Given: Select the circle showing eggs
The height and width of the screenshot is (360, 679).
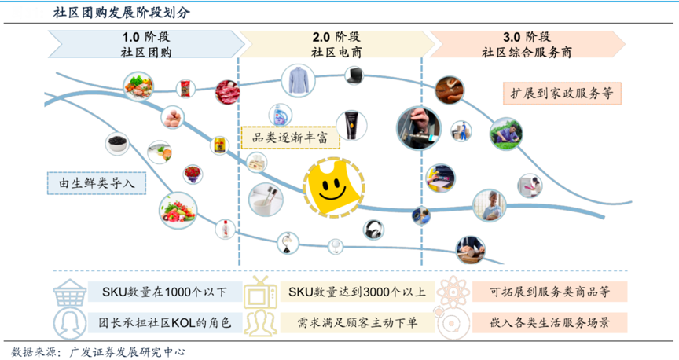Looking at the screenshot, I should pos(173,119).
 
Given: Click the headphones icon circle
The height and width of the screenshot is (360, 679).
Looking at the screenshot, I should pos(374,230).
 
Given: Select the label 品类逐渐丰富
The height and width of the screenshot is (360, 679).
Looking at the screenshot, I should pos(278,138).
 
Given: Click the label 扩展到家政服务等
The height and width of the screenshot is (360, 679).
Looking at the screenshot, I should pos(561,94).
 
